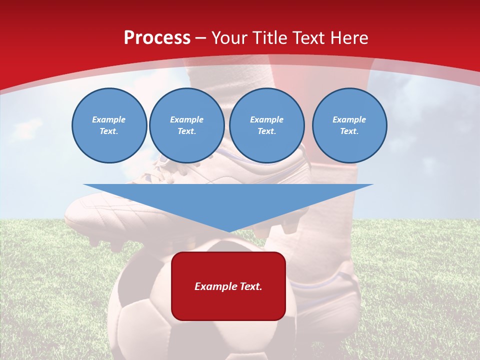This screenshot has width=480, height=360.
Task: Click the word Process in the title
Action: click(157, 37)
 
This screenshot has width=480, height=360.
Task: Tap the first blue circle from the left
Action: click(109, 125)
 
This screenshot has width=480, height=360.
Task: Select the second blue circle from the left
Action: click(186, 125)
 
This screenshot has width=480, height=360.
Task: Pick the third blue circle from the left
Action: click(266, 125)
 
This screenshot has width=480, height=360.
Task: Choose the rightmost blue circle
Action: click(349, 125)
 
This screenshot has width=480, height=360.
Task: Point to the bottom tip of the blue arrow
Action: click(228, 231)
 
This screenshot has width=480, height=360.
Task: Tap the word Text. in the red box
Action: click(251, 286)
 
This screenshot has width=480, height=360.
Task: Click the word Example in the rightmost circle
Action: click(349, 119)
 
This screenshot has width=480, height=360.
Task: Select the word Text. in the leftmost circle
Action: click(109, 131)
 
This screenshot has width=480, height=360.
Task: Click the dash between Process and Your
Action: click(201, 38)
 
